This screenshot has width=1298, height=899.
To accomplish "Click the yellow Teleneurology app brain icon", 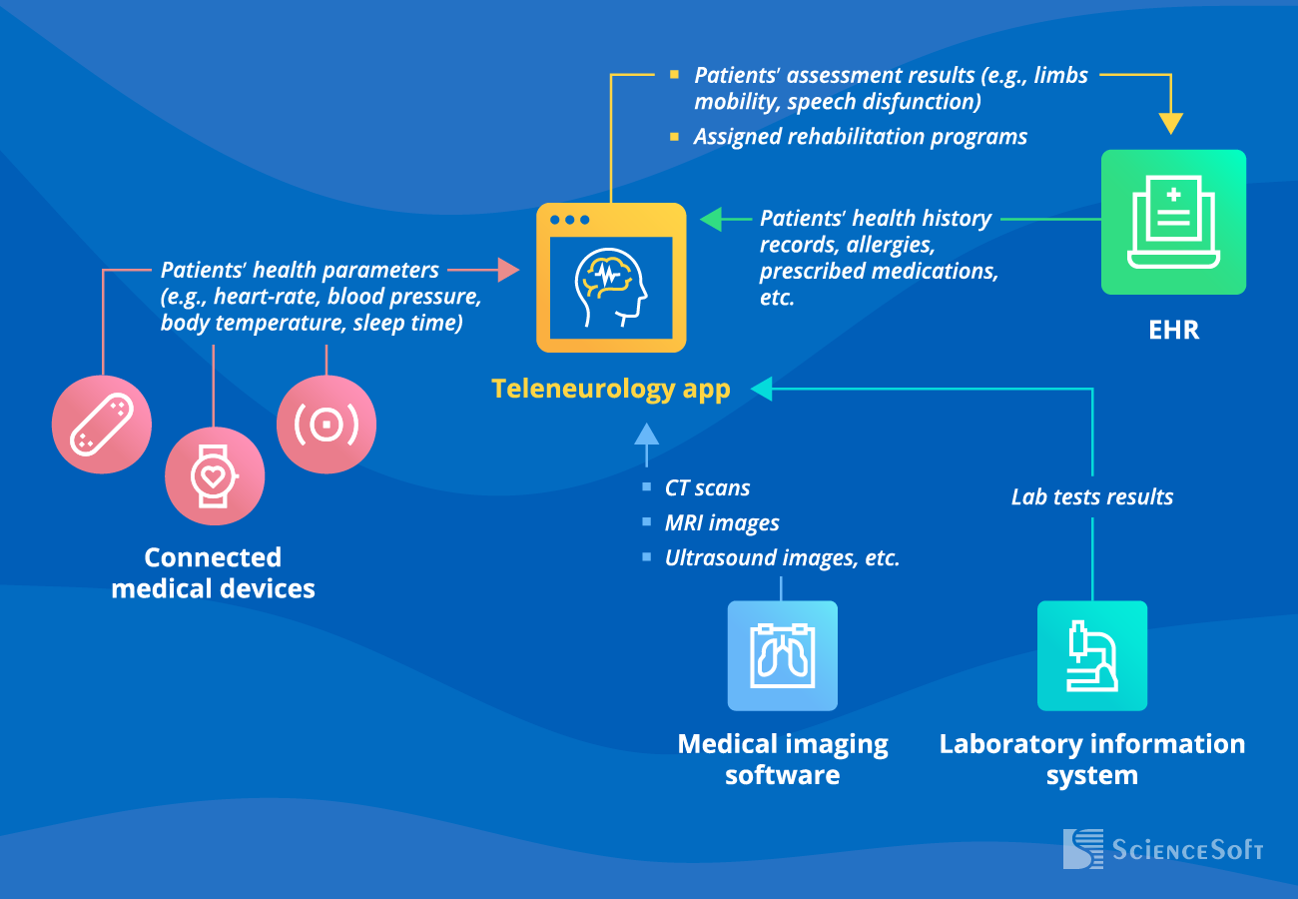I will click(611, 278).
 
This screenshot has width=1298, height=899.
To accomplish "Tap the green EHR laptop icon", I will click(1173, 222).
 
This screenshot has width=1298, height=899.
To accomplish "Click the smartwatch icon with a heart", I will click(214, 474).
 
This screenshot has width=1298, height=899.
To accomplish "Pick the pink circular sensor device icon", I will click(325, 424).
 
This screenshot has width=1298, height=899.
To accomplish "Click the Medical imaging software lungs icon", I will click(782, 655).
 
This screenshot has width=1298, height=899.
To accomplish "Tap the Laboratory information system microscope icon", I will click(1091, 655).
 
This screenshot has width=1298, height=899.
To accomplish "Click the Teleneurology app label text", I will click(610, 389).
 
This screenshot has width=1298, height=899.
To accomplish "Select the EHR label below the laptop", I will click(1173, 330).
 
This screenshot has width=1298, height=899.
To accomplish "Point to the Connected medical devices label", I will click(213, 572).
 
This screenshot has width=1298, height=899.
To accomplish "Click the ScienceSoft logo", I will click(1163, 849).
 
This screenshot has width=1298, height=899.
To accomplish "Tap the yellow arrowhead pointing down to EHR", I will click(1170, 123).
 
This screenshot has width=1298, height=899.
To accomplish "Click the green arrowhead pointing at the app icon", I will click(711, 219).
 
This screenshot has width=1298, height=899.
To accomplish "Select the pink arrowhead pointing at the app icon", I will click(508, 270).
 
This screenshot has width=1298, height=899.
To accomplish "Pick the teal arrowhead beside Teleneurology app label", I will click(762, 389).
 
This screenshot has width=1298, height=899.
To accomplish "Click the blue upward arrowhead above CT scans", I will click(646, 433).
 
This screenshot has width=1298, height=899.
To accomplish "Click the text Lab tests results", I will click(1091, 496).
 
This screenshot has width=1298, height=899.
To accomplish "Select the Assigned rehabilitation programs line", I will click(860, 137).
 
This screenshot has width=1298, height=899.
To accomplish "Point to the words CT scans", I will click(707, 488).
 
